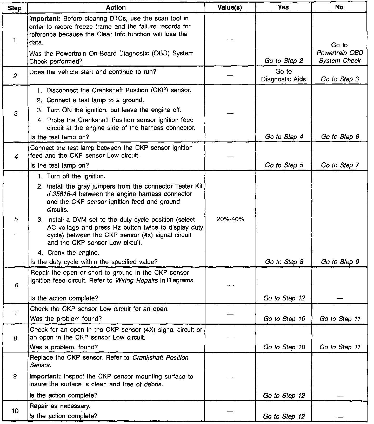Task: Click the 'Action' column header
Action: coord(116,8)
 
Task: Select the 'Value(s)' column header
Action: coord(230,8)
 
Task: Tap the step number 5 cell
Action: coord(16,219)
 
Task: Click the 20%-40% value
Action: coord(230,219)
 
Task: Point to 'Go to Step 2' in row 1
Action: coord(284,61)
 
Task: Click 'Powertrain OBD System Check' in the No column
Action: coord(340,57)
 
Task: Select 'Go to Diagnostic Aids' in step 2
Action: coord(283,75)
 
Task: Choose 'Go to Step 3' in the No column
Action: coord(340,79)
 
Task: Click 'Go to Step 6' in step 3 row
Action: coord(340,137)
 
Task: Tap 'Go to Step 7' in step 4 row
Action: coord(340,165)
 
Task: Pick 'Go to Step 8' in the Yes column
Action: coord(284,262)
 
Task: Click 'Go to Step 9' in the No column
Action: coord(340,262)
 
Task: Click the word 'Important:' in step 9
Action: coord(45,377)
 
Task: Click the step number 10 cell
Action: coord(15,411)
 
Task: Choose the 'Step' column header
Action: coord(15,8)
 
